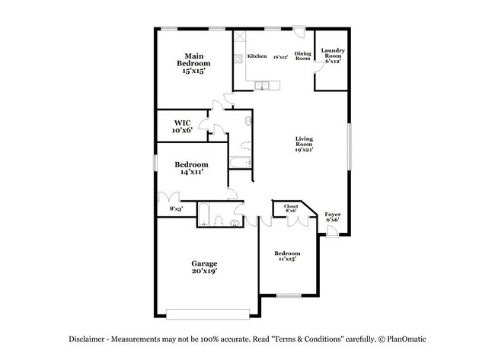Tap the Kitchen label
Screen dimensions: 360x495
point(257,57)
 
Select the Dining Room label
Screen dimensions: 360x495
point(302,56)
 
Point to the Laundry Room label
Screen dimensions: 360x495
point(333,56)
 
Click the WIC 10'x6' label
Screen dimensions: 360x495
point(181,126)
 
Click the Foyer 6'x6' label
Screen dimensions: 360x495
point(332,217)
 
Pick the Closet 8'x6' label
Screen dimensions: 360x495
point(291,209)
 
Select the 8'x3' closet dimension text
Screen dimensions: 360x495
point(175,209)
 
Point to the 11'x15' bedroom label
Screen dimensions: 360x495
point(286,256)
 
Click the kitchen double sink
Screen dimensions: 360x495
point(262,85)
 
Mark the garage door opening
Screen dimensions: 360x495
point(208,313)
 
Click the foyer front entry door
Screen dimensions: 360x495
point(332,231)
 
